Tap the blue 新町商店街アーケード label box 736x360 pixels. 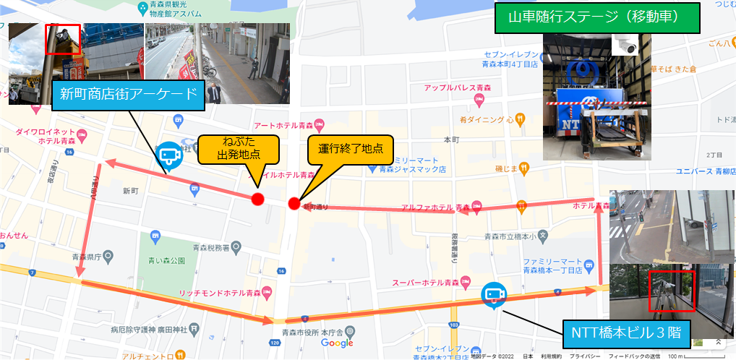point(129,94)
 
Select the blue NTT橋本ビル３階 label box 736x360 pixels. point(627,333)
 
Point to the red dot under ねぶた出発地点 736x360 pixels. point(257,199)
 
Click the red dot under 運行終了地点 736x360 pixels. point(294,203)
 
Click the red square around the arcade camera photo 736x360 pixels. point(63,39)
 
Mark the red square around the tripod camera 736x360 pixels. point(670,291)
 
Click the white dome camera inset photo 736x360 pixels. point(626,44)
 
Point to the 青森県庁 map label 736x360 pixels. point(85,255)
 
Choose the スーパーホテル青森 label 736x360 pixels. point(425,281)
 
